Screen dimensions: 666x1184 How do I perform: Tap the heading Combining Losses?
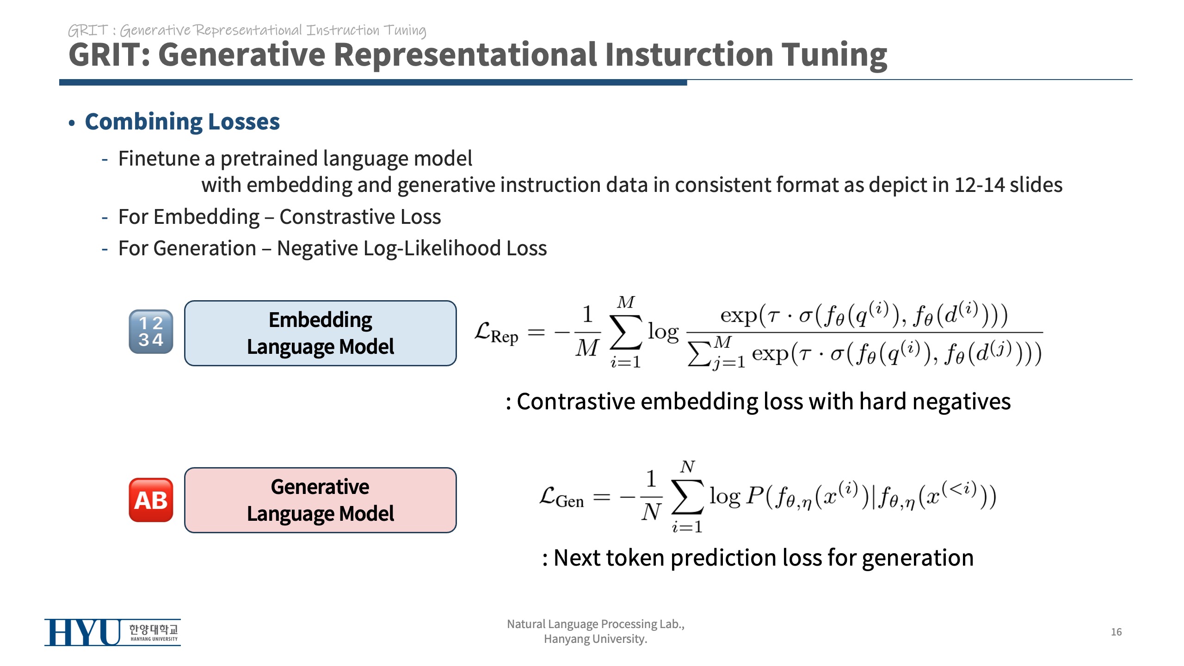[x=182, y=122]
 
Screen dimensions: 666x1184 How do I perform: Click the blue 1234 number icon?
[x=151, y=332]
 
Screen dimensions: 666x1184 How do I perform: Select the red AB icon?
[x=151, y=500]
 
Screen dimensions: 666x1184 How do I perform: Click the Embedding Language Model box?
[x=320, y=333]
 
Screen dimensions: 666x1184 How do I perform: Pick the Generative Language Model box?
[x=320, y=500]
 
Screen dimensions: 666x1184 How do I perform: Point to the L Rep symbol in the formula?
[x=496, y=333]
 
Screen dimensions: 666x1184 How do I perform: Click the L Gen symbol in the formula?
[x=561, y=498]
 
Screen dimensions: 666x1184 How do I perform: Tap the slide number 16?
[x=1116, y=632]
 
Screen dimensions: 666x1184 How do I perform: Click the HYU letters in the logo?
[x=82, y=632]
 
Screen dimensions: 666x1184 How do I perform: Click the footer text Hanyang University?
[x=595, y=639]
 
